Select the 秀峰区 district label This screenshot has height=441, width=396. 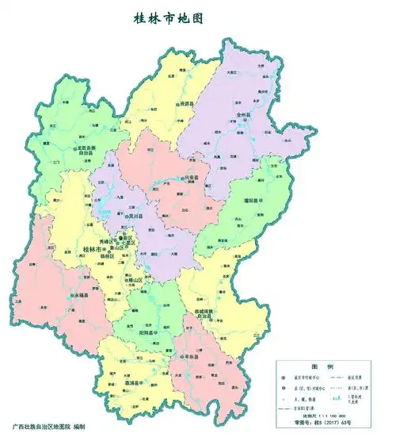(x=108, y=240)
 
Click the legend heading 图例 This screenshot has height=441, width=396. (x=326, y=367)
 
